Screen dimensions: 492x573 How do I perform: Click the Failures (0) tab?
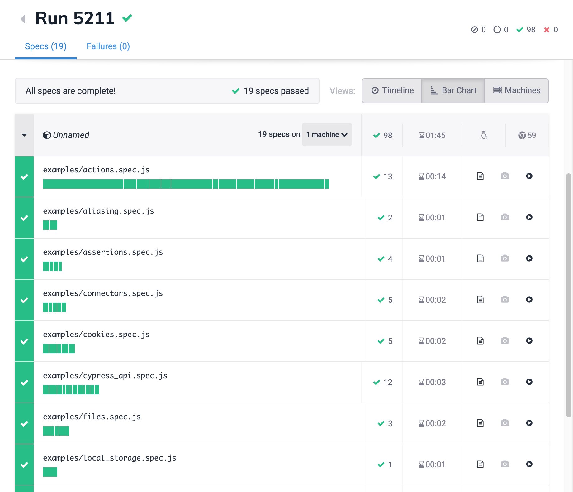pyautogui.click(x=108, y=46)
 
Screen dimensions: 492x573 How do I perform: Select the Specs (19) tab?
pyautogui.click(x=45, y=46)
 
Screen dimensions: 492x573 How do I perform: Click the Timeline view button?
pyautogui.click(x=392, y=90)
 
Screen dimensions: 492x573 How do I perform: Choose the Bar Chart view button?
pyautogui.click(x=453, y=90)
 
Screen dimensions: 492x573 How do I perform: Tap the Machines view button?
pyautogui.click(x=517, y=90)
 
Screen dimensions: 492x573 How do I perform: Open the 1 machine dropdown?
pyautogui.click(x=327, y=134)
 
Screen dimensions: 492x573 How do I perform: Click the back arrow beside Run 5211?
pyautogui.click(x=23, y=19)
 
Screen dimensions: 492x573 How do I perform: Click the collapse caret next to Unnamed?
pyautogui.click(x=24, y=135)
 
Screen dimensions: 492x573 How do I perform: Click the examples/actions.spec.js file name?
pyautogui.click(x=96, y=170)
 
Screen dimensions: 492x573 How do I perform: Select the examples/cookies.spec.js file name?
pyautogui.click(x=96, y=335)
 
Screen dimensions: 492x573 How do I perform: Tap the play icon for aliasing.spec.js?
pyautogui.click(x=529, y=217)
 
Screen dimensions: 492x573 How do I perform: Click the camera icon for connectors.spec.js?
pyautogui.click(x=504, y=300)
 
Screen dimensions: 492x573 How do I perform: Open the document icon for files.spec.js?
pyautogui.click(x=480, y=423)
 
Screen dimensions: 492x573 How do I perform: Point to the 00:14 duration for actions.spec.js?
pyautogui.click(x=432, y=176)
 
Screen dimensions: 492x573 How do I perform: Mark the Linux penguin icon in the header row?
pyautogui.click(x=483, y=135)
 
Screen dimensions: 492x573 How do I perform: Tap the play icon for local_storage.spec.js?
pyautogui.click(x=529, y=464)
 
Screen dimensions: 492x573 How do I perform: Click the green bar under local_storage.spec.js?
pyautogui.click(x=50, y=472)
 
